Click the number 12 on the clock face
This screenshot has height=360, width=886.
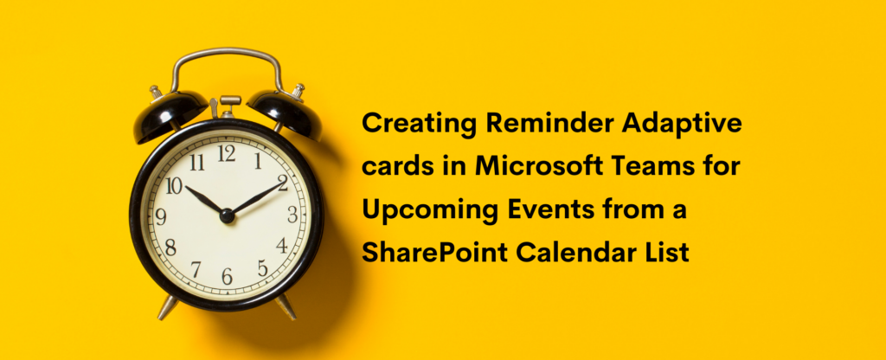[227, 154]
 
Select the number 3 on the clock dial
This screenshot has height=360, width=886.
[292, 215]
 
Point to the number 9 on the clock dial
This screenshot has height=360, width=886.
[161, 216]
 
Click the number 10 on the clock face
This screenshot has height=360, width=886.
[174, 185]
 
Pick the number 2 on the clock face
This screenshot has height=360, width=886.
[282, 183]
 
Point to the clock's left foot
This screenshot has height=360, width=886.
[167, 305]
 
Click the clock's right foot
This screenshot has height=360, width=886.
[286, 305]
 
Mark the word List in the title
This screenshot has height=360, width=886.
[667, 253]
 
